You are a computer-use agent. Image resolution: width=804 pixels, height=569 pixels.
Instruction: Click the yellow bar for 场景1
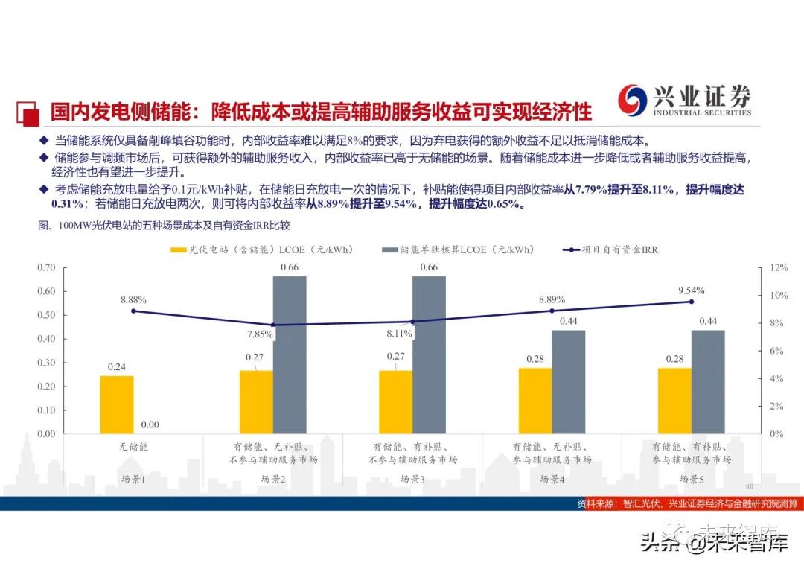pyautogui.click(x=117, y=404)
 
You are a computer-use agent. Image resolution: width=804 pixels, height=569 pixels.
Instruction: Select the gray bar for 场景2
pyautogui.click(x=290, y=355)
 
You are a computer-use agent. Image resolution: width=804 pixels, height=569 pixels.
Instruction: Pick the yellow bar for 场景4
pyautogui.click(x=535, y=401)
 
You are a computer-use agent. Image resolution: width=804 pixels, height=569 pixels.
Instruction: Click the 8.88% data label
pyautogui.click(x=133, y=299)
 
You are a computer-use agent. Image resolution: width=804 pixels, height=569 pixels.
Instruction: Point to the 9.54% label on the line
pyautogui.click(x=690, y=290)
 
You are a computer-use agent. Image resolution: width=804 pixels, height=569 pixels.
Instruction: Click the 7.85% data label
pyautogui.click(x=261, y=334)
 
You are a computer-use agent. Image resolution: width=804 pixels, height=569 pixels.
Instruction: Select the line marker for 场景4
pyautogui.click(x=552, y=311)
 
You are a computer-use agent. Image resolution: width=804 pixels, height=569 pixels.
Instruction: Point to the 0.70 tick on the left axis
pyautogui.click(x=46, y=267)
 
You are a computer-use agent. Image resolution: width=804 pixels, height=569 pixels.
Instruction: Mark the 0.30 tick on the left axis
pyautogui.click(x=46, y=363)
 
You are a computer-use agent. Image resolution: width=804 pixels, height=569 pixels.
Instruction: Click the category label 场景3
pyautogui.click(x=412, y=480)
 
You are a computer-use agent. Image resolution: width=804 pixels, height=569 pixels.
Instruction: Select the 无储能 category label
pyautogui.click(x=133, y=447)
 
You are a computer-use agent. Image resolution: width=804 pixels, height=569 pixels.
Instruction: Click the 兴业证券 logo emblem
pyautogui.click(x=634, y=100)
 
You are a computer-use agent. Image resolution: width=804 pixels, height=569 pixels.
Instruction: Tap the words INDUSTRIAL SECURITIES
pyautogui.click(x=701, y=113)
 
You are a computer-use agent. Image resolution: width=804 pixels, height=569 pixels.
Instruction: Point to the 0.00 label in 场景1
pyautogui.click(x=150, y=425)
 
